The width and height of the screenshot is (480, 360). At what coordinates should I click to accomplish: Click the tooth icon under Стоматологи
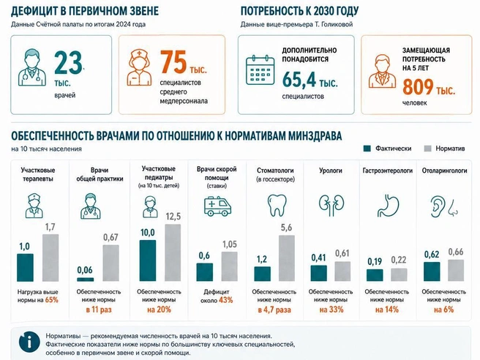277,205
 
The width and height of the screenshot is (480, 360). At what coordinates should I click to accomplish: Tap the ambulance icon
217,206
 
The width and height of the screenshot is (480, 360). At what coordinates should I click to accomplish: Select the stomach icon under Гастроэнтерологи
388,206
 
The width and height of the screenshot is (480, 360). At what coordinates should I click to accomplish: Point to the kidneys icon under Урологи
331,205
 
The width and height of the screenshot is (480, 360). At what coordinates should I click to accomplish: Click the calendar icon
260,70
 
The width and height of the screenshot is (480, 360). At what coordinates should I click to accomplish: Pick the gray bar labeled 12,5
173,252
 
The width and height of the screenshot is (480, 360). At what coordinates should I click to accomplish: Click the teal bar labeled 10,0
148,260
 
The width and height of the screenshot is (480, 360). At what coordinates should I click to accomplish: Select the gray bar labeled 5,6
287,258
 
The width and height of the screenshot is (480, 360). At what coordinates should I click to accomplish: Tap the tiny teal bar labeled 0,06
86,280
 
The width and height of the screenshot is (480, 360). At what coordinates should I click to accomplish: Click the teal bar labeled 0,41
319,273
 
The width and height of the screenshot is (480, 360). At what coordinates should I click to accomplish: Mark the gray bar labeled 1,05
229,266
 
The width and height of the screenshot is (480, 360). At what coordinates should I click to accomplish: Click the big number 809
418,87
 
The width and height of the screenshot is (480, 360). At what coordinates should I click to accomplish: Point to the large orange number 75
173,62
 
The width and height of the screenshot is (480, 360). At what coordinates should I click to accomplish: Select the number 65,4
299,80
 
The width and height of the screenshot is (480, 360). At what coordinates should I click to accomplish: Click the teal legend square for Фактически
367,149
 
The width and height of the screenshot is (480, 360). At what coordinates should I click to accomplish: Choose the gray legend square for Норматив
427,149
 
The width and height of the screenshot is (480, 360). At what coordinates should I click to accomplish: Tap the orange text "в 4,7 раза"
274,310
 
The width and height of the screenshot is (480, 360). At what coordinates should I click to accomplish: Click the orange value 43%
225,300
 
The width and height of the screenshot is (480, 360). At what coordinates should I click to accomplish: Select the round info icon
29,342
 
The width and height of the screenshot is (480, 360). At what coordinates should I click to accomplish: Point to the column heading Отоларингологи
444,170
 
